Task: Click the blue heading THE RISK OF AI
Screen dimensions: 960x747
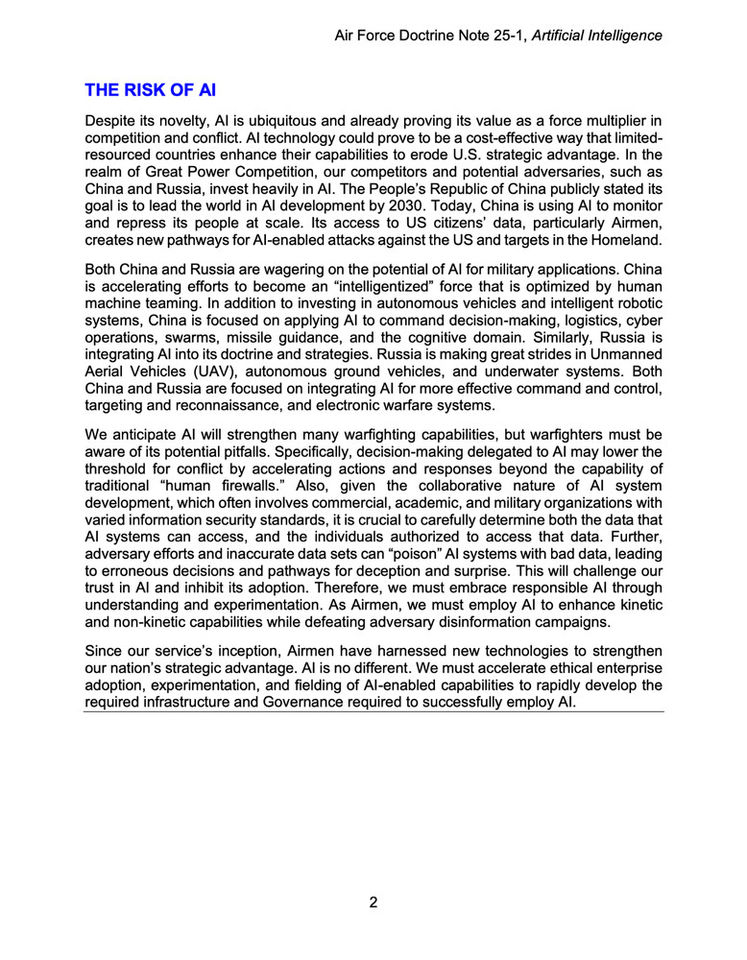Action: point(151,91)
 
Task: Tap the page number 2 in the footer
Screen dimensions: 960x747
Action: point(373,902)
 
